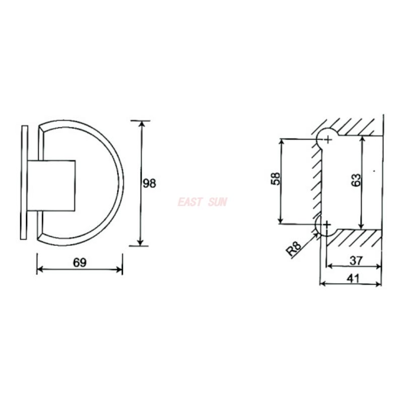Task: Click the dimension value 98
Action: coord(149,183)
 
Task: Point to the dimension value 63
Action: coord(355,181)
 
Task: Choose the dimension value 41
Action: coord(353,278)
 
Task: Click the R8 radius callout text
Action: coord(294,249)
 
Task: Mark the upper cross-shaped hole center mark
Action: coord(327,139)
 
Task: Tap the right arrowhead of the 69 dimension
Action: coord(119,270)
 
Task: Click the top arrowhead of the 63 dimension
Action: coord(361,138)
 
